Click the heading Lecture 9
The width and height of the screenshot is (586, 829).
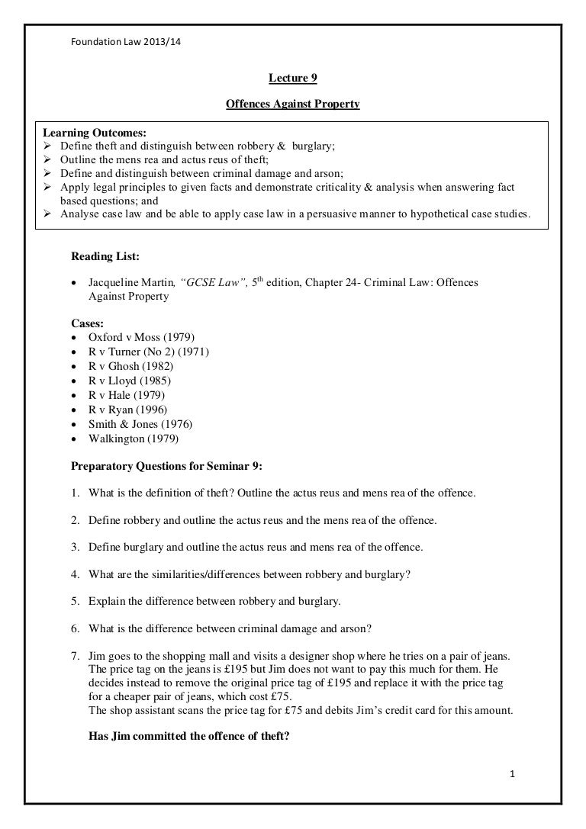pyautogui.click(x=292, y=77)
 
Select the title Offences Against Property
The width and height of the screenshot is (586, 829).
pyautogui.click(x=292, y=104)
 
